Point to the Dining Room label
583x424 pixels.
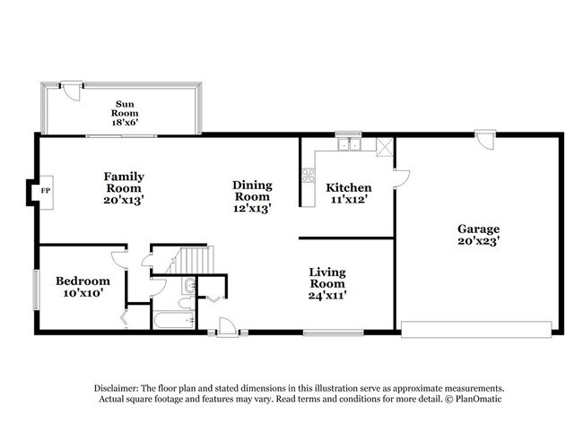(252, 191)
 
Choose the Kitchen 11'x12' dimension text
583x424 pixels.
(349, 199)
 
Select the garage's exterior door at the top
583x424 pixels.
(485, 141)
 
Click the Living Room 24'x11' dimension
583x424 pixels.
(327, 294)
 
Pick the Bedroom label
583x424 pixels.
(83, 281)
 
